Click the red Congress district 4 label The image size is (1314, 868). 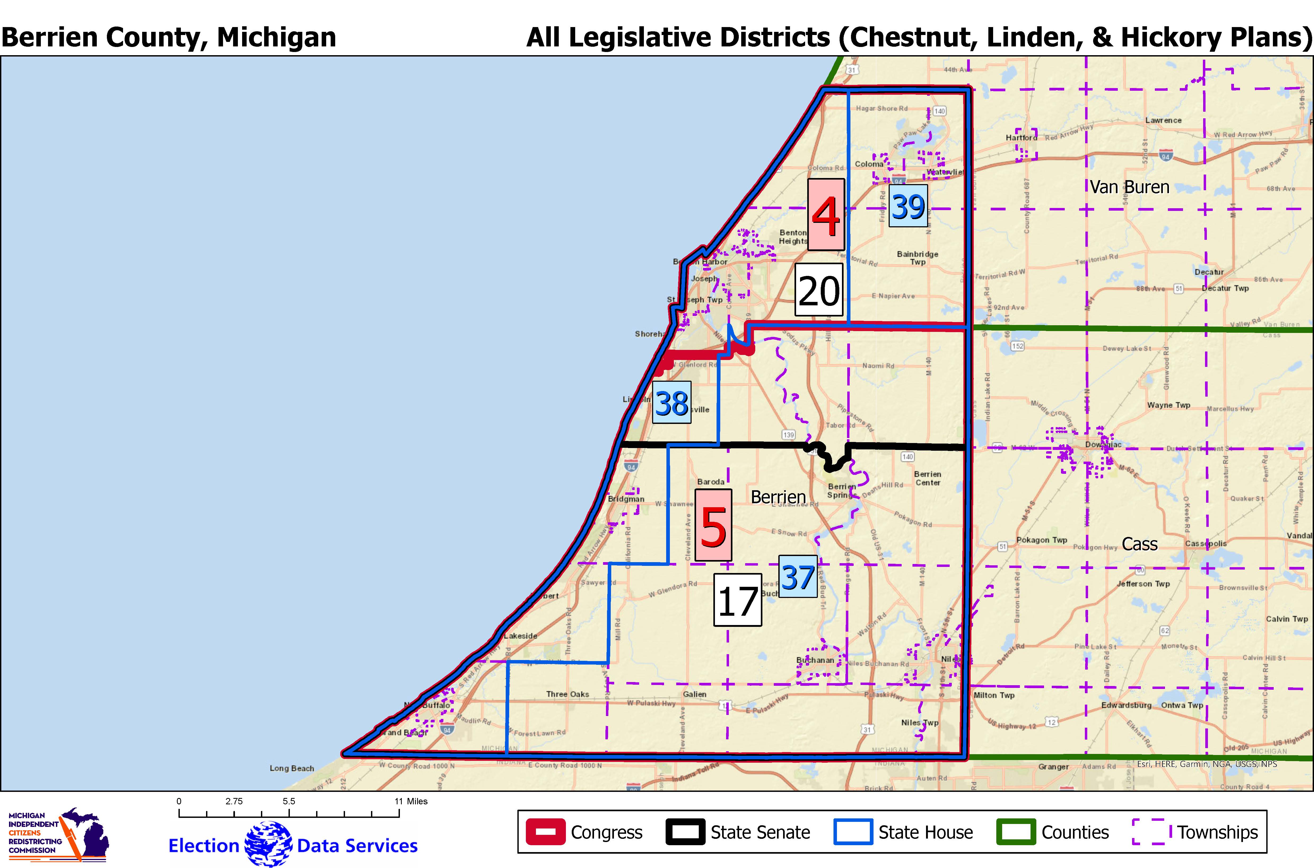click(826, 214)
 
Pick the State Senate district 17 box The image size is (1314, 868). click(737, 600)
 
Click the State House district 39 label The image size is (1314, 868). click(907, 206)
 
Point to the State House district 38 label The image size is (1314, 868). click(672, 402)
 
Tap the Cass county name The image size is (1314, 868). click(1140, 544)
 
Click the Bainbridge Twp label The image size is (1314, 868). click(917, 258)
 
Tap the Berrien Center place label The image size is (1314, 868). click(928, 478)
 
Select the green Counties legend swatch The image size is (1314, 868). click(1016, 832)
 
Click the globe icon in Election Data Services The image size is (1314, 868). click(268, 844)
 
